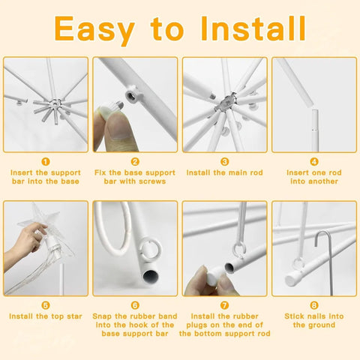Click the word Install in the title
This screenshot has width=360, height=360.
pyautogui.click(x=253, y=28)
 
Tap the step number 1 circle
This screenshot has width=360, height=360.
pyautogui.click(x=46, y=162)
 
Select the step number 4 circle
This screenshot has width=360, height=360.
pyautogui.click(x=314, y=162)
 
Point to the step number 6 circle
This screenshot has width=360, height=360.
pyautogui.click(x=135, y=305)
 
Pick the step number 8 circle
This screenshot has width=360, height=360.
pyautogui.click(x=314, y=305)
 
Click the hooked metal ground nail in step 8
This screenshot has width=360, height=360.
pyautogui.click(x=325, y=260)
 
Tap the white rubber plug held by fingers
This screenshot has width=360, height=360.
pyautogui.click(x=215, y=274)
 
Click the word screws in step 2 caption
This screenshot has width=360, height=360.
pyautogui.click(x=152, y=181)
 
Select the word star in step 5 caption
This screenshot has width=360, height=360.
pyautogui.click(x=74, y=316)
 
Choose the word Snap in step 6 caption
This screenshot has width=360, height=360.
pyautogui.click(x=102, y=316)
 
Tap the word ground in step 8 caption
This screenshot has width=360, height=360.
pyautogui.click(x=322, y=325)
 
